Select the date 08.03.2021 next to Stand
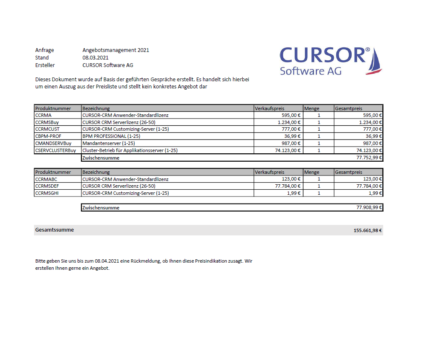point(96,58)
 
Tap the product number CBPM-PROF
point(48,136)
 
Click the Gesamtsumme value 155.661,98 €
point(368,230)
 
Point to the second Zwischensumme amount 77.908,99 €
point(368,207)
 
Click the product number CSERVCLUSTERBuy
point(56,150)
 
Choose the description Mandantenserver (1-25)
point(109,143)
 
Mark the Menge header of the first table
point(312,108)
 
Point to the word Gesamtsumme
point(55,230)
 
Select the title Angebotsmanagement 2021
point(116,50)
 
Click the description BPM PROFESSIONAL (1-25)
point(111,136)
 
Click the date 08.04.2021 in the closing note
point(107,261)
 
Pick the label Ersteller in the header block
point(45,65)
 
